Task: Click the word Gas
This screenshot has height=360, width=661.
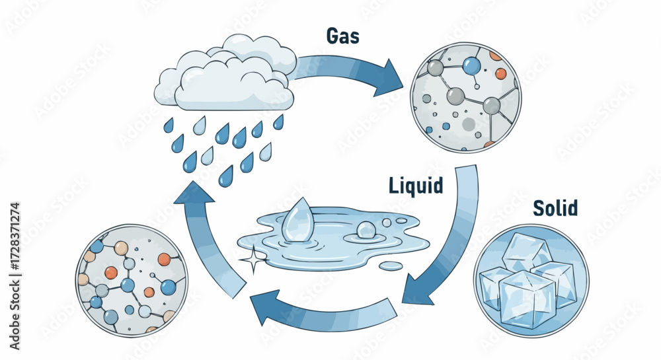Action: pos(342,36)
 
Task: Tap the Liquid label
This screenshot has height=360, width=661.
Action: pos(414,186)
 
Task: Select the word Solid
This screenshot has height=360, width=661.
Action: pos(555,209)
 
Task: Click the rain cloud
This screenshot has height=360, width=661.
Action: pos(225,76)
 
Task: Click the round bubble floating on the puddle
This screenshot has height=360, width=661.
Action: pos(366,230)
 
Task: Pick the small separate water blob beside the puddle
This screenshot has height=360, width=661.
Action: pos(391,266)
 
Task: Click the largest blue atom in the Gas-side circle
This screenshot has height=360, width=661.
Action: pos(470,65)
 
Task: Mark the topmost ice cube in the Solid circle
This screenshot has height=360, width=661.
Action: pos(525,252)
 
